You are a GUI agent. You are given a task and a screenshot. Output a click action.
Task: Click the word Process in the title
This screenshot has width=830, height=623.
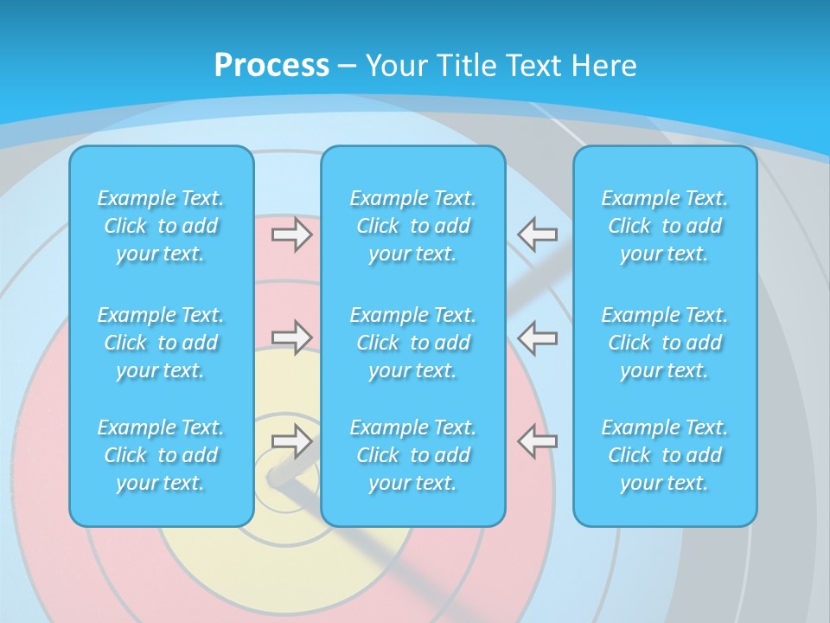click(271, 66)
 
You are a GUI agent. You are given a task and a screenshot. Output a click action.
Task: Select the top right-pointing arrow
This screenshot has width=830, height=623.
click(292, 234)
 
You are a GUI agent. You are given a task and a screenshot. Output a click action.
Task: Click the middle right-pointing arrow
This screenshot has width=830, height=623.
click(292, 337)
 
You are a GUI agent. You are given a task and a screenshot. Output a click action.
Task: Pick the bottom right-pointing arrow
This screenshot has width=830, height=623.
click(292, 440)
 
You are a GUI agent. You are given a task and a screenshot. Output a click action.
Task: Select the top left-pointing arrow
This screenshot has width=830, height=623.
click(537, 234)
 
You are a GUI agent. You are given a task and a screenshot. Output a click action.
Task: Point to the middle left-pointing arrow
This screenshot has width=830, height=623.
click(537, 337)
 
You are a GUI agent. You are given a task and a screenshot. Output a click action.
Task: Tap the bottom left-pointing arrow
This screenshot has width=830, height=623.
click(537, 440)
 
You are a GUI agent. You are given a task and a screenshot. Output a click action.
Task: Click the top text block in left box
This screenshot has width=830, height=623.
click(161, 226)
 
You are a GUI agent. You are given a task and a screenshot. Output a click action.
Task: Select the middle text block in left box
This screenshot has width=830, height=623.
click(161, 343)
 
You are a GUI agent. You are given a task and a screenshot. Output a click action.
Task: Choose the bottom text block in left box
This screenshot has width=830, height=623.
click(161, 455)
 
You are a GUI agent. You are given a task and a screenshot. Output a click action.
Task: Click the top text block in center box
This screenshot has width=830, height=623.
click(413, 226)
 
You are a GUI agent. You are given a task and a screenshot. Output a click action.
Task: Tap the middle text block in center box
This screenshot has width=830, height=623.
click(413, 343)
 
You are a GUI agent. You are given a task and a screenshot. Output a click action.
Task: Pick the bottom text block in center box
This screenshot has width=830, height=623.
click(413, 455)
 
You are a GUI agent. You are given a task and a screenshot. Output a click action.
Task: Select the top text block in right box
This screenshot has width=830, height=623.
click(665, 226)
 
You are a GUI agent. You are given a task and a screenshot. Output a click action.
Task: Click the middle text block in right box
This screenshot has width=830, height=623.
click(665, 343)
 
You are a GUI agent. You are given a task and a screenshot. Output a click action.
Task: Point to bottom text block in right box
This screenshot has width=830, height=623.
click(665, 455)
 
